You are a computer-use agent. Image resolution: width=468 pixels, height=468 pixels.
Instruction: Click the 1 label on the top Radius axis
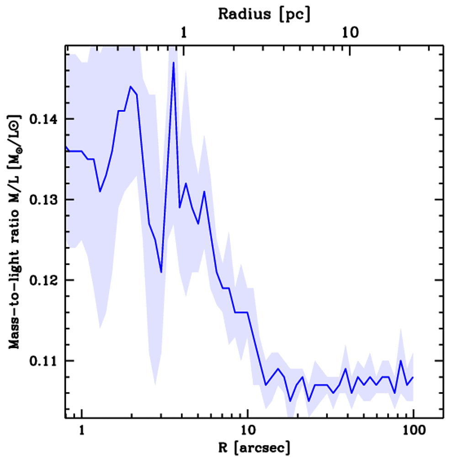click(x=184, y=33)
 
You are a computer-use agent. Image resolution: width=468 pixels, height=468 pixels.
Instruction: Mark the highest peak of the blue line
click(x=174, y=63)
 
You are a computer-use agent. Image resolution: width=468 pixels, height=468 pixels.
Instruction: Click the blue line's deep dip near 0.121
click(x=161, y=272)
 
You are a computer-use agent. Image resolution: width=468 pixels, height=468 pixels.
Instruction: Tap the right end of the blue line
click(x=413, y=377)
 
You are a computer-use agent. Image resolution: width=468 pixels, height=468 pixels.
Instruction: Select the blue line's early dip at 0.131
click(x=100, y=191)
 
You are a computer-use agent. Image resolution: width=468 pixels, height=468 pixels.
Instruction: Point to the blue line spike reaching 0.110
click(x=401, y=361)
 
